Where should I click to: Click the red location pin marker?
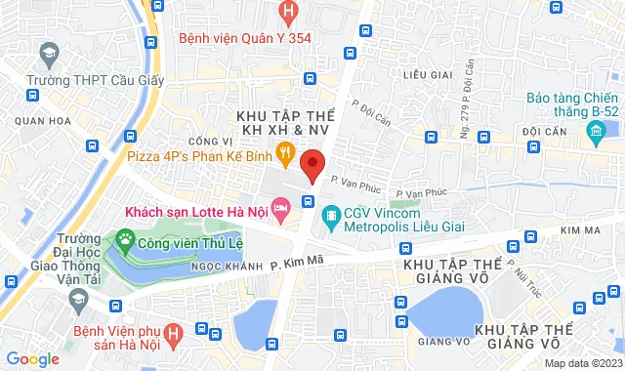pos(312,166)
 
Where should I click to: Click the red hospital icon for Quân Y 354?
pos(287,13)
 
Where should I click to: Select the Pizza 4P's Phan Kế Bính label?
pos(196,152)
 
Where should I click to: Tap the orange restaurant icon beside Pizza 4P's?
pos(285,151)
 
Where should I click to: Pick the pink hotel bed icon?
pos(280,207)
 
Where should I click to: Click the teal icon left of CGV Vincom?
pos(331,214)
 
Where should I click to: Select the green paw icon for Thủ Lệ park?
pos(125,237)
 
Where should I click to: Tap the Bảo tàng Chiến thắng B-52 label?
pos(572,106)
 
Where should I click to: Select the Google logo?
pos(32,358)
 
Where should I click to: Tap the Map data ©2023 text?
pos(582,363)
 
